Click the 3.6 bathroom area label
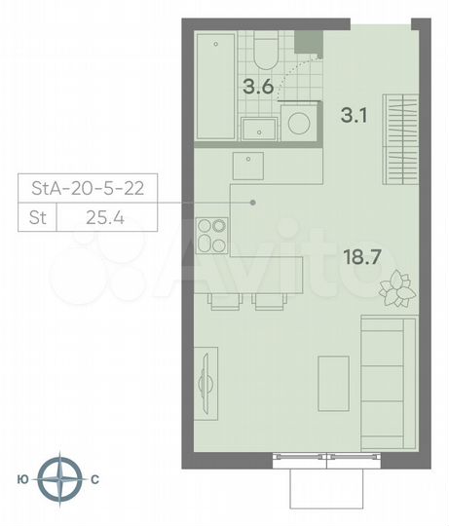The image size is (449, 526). (256, 86)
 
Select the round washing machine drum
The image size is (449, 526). (300, 124)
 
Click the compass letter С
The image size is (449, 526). (94, 479)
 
